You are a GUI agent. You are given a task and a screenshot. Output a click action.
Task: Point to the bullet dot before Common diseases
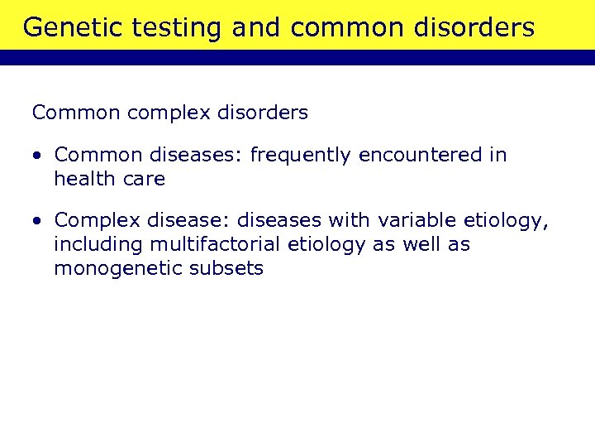[39, 156]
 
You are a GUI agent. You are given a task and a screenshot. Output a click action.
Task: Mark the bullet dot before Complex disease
[39, 222]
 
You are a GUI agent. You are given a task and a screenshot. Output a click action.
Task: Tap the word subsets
[228, 268]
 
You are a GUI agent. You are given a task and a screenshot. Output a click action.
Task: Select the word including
[98, 244]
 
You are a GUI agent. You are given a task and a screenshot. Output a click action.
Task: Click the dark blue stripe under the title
[297, 57]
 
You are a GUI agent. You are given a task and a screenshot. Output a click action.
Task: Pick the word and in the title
[257, 28]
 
